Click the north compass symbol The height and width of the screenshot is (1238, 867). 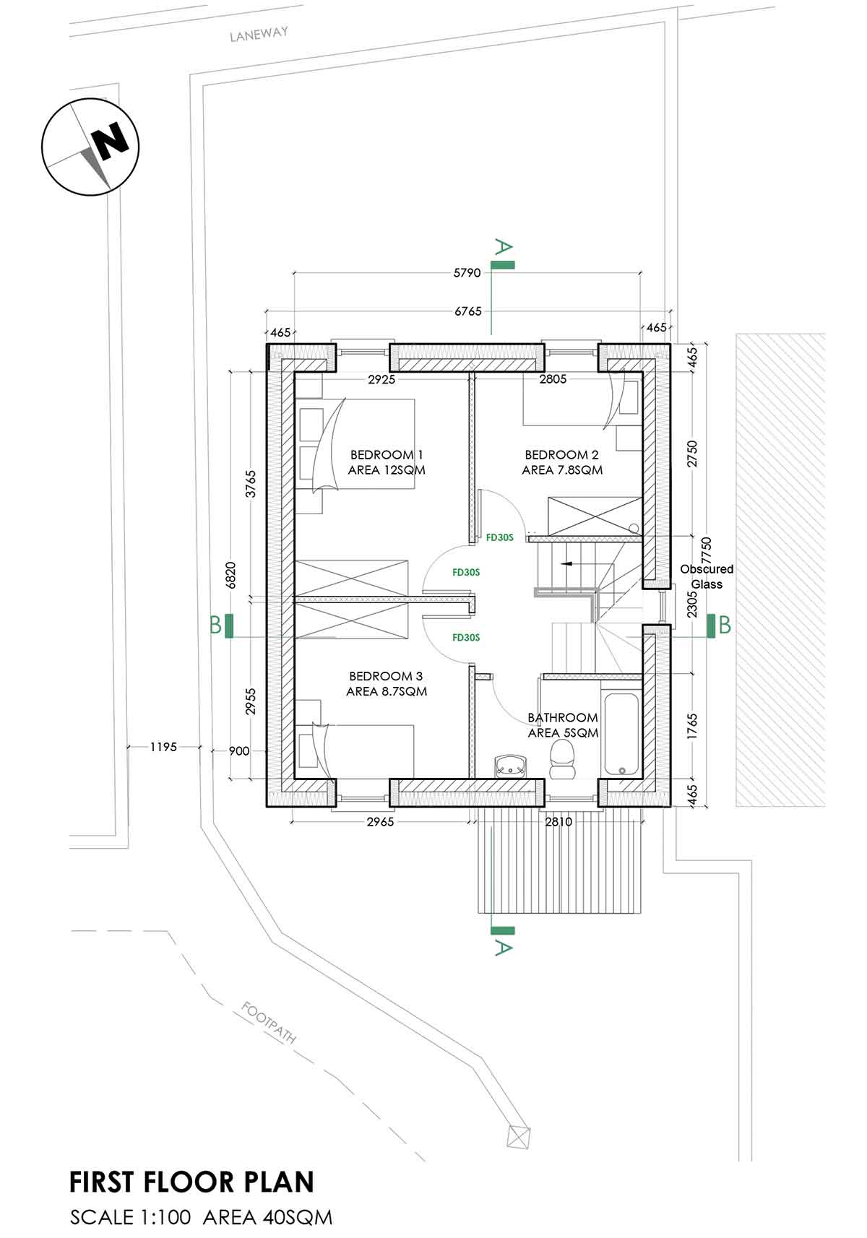point(90,147)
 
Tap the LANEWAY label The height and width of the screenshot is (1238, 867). point(259,34)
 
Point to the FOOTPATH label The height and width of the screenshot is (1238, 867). point(269,1022)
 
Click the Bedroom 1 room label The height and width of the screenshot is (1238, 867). point(387,462)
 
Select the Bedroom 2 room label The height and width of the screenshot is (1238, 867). point(561,462)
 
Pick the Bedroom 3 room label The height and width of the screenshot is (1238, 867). point(386,683)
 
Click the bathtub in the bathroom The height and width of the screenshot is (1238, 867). point(621,734)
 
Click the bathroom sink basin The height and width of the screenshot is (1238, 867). point(512,765)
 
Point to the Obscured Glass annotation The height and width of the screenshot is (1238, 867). point(706,576)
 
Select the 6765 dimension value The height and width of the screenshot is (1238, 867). point(467,311)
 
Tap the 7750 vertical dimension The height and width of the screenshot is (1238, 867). point(706,551)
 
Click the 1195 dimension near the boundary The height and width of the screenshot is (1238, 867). point(163,747)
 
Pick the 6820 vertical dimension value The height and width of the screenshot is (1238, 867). point(231,576)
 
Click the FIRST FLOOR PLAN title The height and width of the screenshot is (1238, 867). point(192,1182)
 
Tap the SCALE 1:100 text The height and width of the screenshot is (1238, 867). point(131,1217)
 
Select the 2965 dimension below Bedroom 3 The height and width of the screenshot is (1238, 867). point(380,822)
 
